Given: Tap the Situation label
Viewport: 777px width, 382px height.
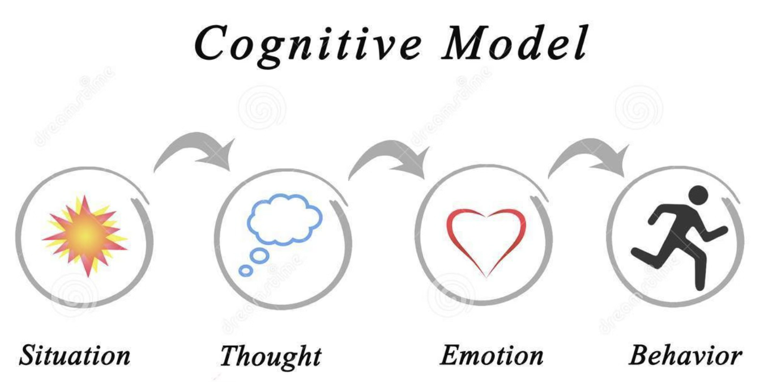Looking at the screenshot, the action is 75,355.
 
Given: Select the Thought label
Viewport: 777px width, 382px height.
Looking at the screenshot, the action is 270,356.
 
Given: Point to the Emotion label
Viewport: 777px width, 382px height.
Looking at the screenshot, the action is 492,355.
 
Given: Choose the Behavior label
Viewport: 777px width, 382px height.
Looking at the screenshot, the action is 685,355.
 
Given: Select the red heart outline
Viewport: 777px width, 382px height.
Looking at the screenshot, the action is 486,238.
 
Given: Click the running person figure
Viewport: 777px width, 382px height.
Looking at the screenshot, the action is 680,238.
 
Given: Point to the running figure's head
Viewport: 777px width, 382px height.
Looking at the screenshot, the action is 699,196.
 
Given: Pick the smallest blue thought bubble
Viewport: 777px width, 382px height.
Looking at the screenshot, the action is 245,271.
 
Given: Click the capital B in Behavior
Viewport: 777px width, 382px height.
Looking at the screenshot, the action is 639,355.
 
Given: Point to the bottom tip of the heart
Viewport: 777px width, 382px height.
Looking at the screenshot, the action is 486,277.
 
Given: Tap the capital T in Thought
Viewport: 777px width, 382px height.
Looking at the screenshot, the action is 230,355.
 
